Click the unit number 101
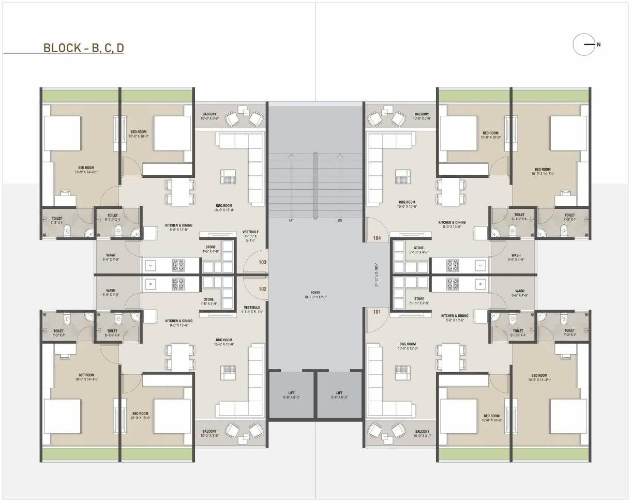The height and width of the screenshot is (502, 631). point(377,312)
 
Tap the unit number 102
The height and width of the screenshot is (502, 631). point(263,289)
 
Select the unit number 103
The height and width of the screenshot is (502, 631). point(263,262)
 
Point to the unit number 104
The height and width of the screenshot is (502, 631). point(377,238)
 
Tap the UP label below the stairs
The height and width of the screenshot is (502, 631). point(291,220)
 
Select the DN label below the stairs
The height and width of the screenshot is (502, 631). point(340,220)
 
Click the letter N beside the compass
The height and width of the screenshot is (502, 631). point(598,44)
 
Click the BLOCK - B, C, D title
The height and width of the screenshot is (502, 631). point(83,48)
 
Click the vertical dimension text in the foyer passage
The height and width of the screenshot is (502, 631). point(376,276)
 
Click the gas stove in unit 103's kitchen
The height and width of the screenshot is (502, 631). point(178,266)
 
